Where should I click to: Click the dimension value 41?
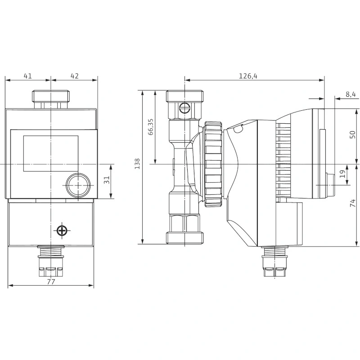[x=28, y=76]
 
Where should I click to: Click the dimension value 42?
[x=74, y=76]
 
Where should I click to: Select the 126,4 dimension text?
[x=248, y=76]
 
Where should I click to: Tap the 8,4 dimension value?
[x=351, y=94]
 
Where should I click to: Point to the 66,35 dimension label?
[x=151, y=127]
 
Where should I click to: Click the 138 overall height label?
[x=137, y=164]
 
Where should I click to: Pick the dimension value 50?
[x=352, y=135]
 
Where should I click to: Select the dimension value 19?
[x=342, y=174]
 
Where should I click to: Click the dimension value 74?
[x=352, y=203]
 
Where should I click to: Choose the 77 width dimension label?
[x=51, y=282]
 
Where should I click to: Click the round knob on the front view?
[x=78, y=185]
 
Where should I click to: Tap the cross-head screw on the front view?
[x=62, y=230]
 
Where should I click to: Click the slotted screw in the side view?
[x=184, y=108]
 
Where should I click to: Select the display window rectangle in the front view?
[x=51, y=153]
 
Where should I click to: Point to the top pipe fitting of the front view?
[x=51, y=99]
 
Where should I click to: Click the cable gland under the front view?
[x=51, y=261]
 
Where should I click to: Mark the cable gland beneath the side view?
[x=274, y=261]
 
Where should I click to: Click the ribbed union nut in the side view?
[x=213, y=164]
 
